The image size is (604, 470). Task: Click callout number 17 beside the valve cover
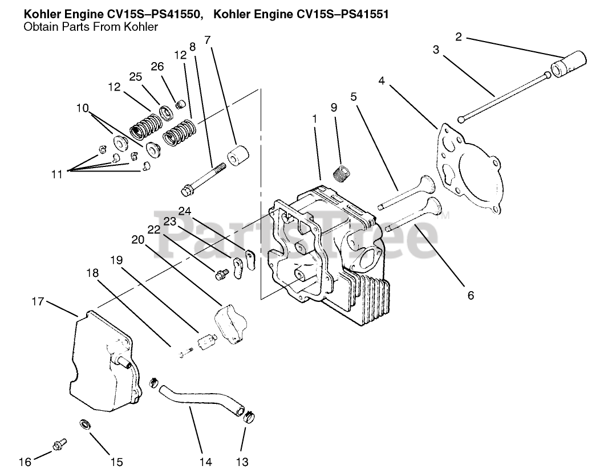pos(38,301)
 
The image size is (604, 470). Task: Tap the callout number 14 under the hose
pos(202,461)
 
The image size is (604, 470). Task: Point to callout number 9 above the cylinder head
pos(333,107)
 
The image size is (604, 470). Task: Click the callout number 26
pos(157,66)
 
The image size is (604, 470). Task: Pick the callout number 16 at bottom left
pos(25,461)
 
